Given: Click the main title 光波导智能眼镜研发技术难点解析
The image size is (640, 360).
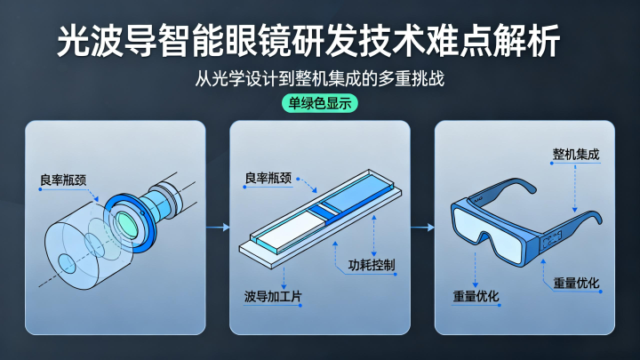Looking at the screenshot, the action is coord(308,41).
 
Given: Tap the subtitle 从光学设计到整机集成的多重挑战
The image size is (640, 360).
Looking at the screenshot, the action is coord(320,78).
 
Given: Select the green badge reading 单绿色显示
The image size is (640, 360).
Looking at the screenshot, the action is coord(320,103).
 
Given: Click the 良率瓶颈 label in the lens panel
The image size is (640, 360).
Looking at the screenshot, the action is coord(63,180).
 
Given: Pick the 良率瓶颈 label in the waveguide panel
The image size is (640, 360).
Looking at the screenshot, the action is coord(268,178).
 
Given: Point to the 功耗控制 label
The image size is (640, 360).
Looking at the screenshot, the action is coord(372,265).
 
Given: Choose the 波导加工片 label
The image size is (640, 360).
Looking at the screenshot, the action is coord(273,296).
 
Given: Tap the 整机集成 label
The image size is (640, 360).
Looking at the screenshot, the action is coord(576,155).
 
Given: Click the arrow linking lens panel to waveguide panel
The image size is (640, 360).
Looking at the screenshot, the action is coord(218,228).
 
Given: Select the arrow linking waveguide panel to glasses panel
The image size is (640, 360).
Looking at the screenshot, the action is coord(422,228).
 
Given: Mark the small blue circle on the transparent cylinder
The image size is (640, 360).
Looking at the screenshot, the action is coord(67,264).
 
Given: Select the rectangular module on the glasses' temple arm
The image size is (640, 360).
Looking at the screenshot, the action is coord(551,240).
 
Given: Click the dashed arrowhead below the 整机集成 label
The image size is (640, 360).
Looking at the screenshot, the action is coord(575,210).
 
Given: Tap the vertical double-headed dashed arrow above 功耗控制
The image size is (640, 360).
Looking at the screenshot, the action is coord(374,236).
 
